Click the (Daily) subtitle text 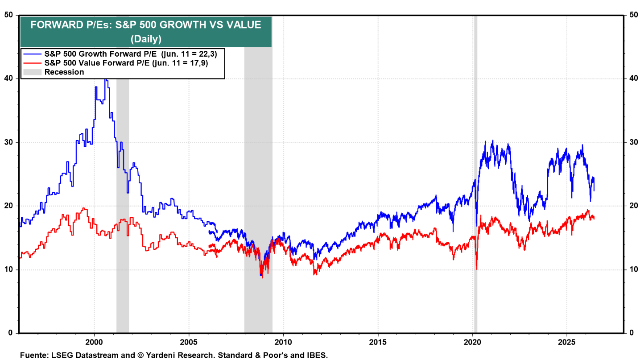(x=146, y=38)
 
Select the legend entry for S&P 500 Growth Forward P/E (x=120, y=54)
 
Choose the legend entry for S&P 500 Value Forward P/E (x=116, y=63)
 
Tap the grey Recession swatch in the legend (x=32, y=72)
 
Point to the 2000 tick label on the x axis (x=94, y=342)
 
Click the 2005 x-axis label (x=189, y=342)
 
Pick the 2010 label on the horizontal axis (x=284, y=342)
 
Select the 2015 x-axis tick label (x=378, y=342)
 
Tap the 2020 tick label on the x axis (x=473, y=342)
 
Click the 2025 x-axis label (x=567, y=342)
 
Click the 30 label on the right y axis (x=633, y=142)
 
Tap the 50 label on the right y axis (x=633, y=15)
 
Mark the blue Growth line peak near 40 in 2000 (x=106, y=79)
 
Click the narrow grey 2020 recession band (x=475, y=174)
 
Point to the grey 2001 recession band (x=123, y=206)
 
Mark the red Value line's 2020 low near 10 (x=477, y=269)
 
